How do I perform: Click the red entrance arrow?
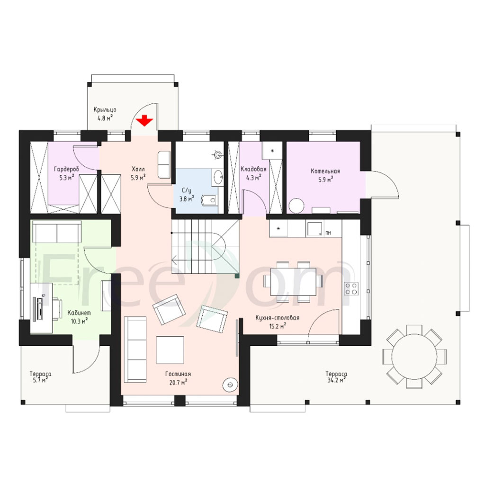[x=145, y=121]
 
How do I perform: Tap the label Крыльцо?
[x=105, y=110]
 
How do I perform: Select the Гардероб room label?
[x=66, y=170]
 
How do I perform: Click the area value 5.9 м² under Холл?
[x=138, y=178]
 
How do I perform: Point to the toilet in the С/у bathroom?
[x=208, y=200]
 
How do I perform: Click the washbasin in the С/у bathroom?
[x=218, y=177]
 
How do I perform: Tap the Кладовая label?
[x=253, y=169]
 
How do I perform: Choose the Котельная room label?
[x=325, y=171]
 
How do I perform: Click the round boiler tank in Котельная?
[x=297, y=206]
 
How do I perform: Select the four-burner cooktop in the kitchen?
[x=351, y=289]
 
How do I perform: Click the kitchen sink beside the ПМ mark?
[x=314, y=229]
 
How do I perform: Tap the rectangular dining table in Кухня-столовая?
[x=293, y=282]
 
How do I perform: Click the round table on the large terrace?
[x=414, y=356]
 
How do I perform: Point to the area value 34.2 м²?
[x=336, y=381]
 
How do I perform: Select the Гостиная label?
[x=178, y=374]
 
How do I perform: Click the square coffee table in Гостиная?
[x=170, y=350]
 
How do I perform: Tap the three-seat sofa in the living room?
[x=135, y=349]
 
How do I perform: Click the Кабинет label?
[x=79, y=313]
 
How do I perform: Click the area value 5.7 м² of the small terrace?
[x=40, y=381]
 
